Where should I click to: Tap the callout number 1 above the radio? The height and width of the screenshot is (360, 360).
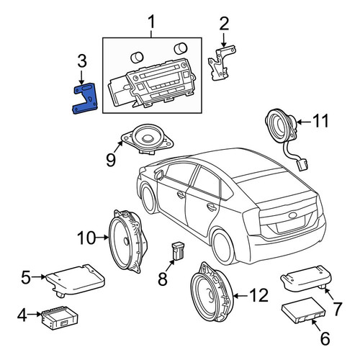coord(151,22)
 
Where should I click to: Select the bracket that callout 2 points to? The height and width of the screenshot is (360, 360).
coord(221,63)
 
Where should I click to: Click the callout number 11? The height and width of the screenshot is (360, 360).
coord(320,121)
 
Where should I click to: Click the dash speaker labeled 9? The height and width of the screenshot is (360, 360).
coord(147,139)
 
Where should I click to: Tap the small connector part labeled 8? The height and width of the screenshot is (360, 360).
coord(178,251)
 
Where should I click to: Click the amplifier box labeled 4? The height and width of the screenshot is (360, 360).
coord(60,318)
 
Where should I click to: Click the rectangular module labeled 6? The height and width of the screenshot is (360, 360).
coord(303,310)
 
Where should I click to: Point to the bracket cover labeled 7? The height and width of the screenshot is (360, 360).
coord(306,279)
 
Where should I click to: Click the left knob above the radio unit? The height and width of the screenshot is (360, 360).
coord(137,58)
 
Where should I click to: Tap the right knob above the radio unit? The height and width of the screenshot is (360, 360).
coord(180,49)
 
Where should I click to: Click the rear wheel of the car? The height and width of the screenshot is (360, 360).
coord(223,247)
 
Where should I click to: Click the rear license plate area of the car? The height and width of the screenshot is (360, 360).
coord(290,225)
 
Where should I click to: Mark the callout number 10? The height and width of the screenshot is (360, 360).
coord(86,238)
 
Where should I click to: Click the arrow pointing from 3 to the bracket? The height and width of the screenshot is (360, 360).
coord(81,77)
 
